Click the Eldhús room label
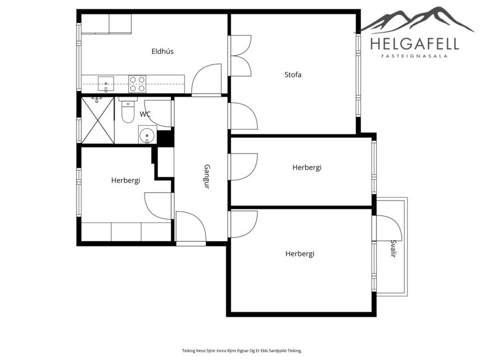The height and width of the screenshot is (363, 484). click(x=162, y=52)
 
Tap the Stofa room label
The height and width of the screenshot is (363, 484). click(x=293, y=74)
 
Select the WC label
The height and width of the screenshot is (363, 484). click(x=145, y=114)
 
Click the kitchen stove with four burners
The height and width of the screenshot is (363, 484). click(x=137, y=84)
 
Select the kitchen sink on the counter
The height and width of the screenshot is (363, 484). click(x=105, y=84)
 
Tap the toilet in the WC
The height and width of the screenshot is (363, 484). click(x=128, y=111)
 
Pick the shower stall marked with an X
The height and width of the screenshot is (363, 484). click(x=97, y=121)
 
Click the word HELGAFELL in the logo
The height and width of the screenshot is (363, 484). click(x=414, y=43)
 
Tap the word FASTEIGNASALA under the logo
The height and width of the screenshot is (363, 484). click(x=414, y=56)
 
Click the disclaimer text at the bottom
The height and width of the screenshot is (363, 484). click(x=242, y=351)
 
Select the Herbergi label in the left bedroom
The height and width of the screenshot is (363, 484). click(x=125, y=180)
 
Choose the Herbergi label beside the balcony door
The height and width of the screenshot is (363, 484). click(x=300, y=254)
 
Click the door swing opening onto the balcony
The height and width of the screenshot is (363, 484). click(x=386, y=228)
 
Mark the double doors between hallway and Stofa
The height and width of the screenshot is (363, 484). click(x=241, y=56)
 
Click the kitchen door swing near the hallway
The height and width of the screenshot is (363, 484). click(x=206, y=80)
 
